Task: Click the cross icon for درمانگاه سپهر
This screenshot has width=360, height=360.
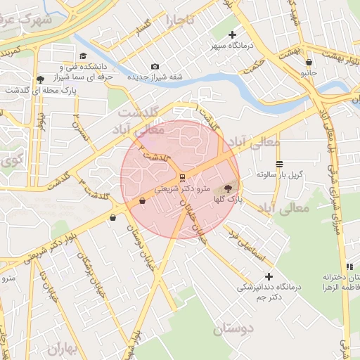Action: pos(233,34)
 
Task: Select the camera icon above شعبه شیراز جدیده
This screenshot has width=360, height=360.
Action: pos(155,66)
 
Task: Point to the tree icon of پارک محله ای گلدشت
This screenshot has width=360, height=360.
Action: pos(39,79)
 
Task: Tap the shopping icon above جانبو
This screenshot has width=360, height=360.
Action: pos(309,62)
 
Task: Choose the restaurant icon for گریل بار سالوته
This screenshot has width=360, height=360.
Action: pos(280,164)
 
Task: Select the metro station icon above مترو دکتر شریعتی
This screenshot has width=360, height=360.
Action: pos(183,177)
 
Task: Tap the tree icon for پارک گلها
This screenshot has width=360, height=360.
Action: pos(227,188)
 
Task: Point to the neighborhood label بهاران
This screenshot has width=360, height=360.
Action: pos(65,347)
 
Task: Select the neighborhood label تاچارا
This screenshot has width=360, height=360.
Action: pos(179,20)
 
